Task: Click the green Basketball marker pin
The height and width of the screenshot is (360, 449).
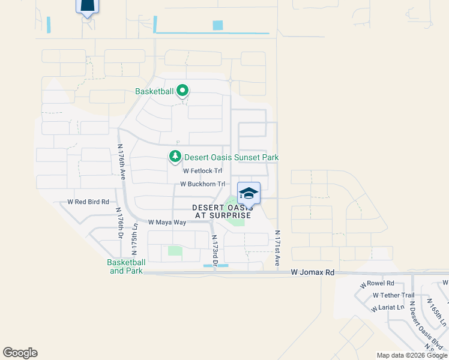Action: (x=182, y=92)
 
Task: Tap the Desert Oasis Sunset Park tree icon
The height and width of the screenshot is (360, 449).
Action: (x=175, y=157)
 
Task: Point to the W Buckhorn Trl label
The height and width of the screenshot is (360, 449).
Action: (x=202, y=184)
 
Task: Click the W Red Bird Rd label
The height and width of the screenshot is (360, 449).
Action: (x=88, y=202)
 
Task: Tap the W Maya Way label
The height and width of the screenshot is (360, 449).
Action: (x=167, y=222)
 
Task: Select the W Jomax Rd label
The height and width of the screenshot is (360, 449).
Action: (x=312, y=272)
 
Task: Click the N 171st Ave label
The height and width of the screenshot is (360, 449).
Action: (x=277, y=248)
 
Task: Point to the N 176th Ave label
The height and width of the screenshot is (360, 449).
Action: (x=121, y=162)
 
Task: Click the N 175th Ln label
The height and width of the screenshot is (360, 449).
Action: (x=135, y=239)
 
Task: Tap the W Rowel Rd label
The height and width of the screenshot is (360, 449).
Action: (x=377, y=283)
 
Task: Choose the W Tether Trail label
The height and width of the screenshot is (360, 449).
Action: (x=393, y=295)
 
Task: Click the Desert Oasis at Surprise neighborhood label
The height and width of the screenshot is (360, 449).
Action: (x=221, y=211)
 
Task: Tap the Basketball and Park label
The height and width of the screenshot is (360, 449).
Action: (x=126, y=266)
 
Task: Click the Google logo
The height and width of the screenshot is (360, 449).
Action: (x=20, y=353)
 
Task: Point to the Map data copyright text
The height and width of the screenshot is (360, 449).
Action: (x=412, y=355)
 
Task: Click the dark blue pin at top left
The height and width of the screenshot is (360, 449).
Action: (x=87, y=6)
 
